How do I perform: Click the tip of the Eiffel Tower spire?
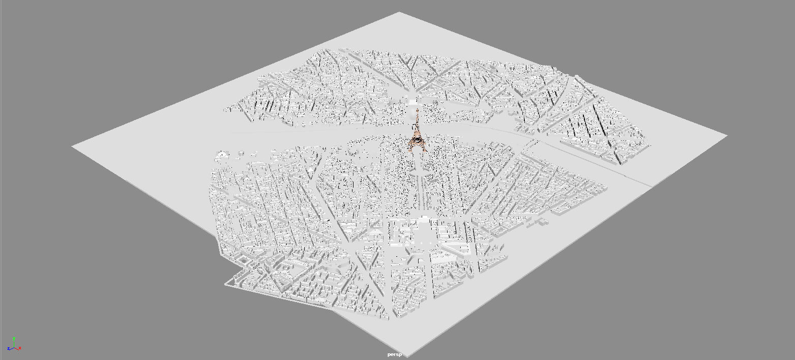coord(417,108)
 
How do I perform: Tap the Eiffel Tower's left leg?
coord(411,148)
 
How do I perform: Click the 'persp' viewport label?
coord(394,354)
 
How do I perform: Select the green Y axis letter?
coord(14,338)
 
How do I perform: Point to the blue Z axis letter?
coord(9,349)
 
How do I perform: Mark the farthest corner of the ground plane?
coord(400,12)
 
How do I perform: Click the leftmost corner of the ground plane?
coord(72,146)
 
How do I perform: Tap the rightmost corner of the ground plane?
coord(727,136)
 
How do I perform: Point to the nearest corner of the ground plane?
coord(407,356)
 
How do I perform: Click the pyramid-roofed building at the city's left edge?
coord(222,154)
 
